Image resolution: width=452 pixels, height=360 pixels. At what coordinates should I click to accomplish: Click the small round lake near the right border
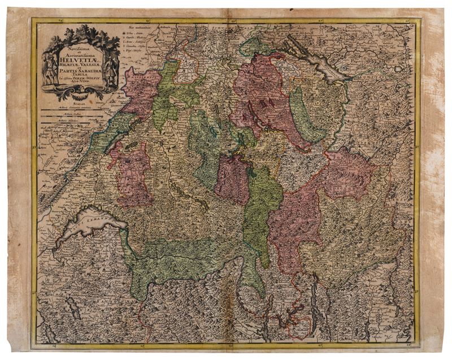point(399,68)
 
